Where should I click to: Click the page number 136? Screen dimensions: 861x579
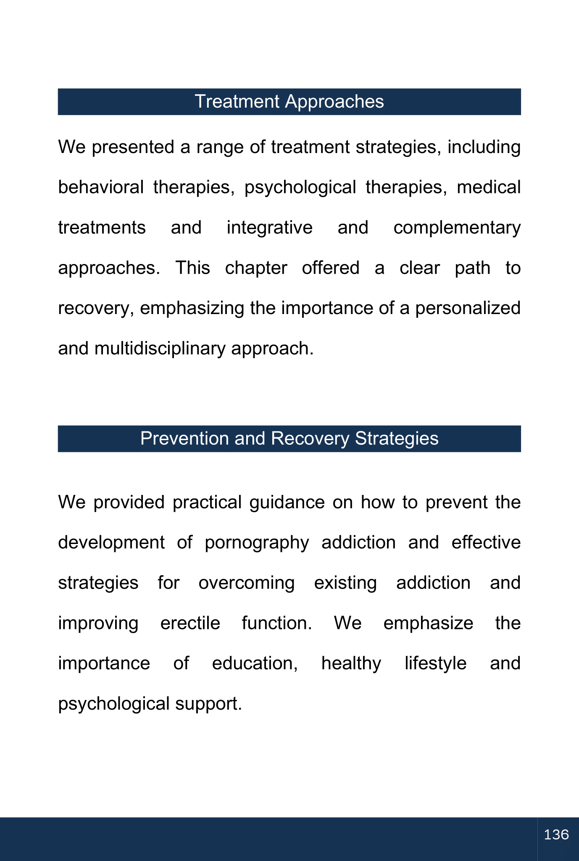coord(556,835)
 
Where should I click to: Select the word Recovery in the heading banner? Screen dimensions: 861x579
coord(310,438)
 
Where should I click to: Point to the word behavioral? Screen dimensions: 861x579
coord(101,187)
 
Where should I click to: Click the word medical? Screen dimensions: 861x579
coord(489,187)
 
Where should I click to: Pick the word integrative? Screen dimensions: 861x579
coord(269,227)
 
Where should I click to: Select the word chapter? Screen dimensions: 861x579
coord(256,268)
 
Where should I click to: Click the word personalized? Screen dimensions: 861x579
coord(468,308)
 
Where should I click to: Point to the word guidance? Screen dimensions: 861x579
coord(287,502)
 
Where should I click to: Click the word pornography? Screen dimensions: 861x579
coord(257,543)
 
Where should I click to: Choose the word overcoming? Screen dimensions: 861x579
coord(247,583)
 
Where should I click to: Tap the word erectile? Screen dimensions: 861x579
coord(190,623)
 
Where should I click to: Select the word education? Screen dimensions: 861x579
coord(255,663)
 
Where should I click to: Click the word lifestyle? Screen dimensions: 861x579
coord(435,663)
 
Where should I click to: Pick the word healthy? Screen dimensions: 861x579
coord(351,663)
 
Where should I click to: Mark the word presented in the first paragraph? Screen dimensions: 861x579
coord(132,148)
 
